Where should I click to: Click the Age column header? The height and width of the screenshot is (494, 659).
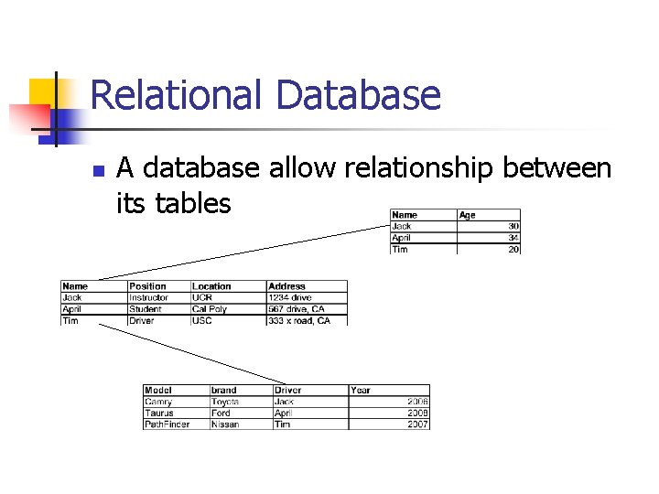468,215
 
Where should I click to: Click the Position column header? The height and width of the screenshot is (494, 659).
147,286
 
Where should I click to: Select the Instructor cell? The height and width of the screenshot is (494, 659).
149,297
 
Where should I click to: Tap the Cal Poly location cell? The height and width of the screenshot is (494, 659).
210,309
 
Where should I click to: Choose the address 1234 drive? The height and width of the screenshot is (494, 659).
290,297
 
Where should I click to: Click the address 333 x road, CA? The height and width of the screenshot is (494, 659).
299,321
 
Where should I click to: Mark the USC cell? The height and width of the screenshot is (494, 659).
202,321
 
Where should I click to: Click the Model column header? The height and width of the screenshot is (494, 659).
158,390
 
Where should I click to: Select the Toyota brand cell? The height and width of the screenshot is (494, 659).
225,402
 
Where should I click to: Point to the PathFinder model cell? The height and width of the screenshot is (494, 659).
167,424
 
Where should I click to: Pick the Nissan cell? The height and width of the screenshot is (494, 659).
225,424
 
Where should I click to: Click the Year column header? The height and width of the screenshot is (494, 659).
361,390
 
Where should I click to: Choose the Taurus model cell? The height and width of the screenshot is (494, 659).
159,413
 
